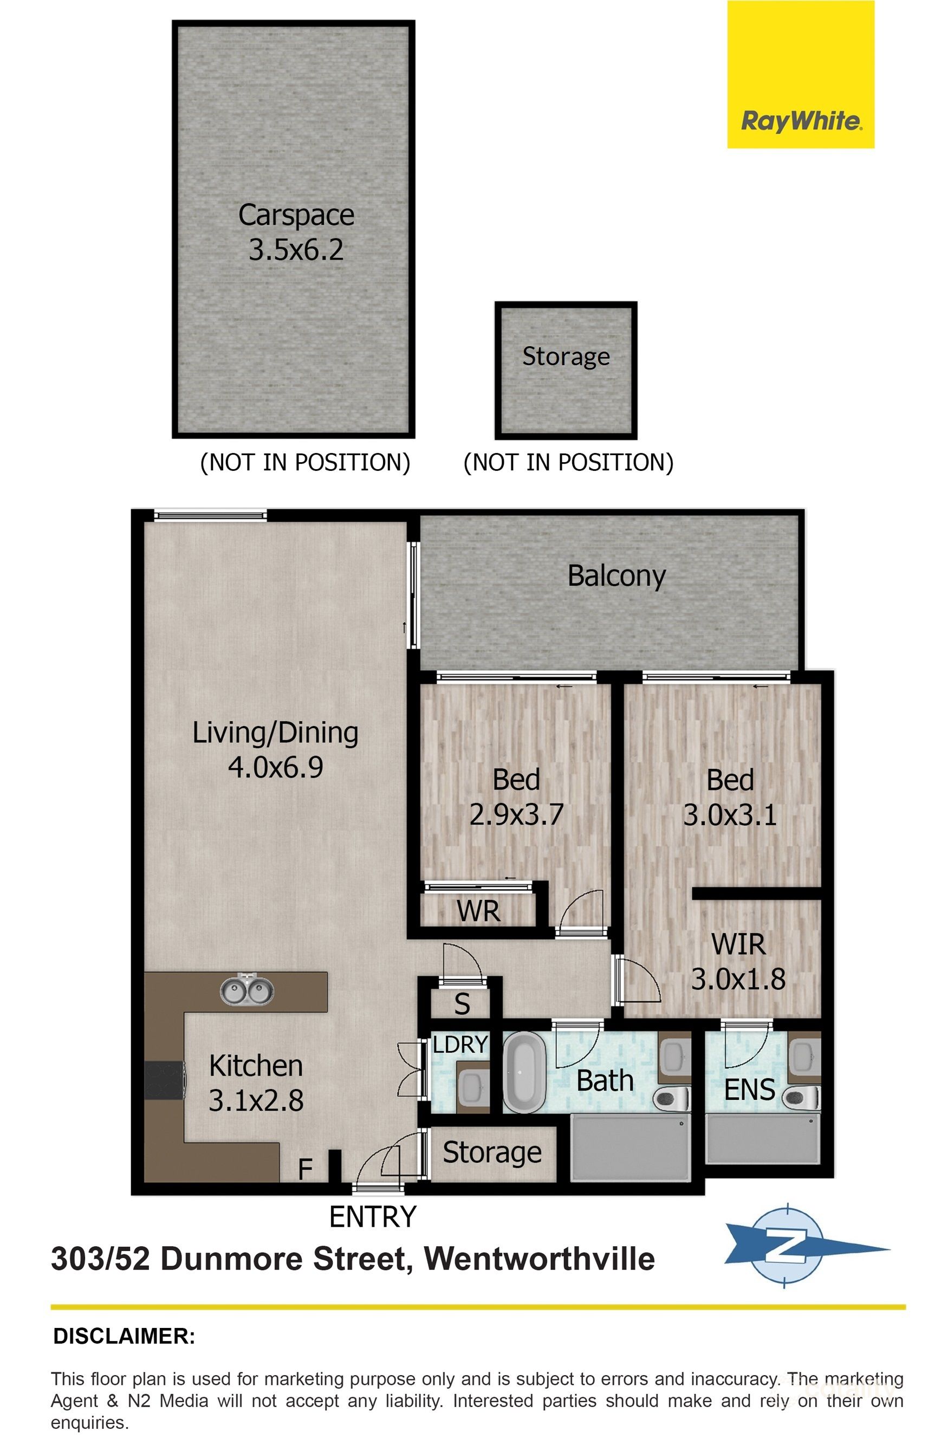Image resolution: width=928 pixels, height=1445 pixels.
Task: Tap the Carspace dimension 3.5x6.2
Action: (x=296, y=249)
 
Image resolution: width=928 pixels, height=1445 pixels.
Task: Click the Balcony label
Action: (x=616, y=576)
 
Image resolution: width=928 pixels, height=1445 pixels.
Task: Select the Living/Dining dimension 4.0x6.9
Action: (x=275, y=767)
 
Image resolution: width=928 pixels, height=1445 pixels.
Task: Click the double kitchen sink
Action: (x=246, y=992)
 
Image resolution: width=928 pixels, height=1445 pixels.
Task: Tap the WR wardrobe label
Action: (x=478, y=911)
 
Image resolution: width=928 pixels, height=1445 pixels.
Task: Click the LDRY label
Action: (x=460, y=1045)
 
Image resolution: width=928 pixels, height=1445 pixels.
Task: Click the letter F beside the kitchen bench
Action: (x=306, y=1170)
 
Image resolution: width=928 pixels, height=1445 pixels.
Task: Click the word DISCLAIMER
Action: (x=124, y=1336)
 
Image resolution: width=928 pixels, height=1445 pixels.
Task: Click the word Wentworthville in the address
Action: (x=540, y=1259)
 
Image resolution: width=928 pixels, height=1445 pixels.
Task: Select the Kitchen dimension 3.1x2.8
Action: (x=256, y=1101)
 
